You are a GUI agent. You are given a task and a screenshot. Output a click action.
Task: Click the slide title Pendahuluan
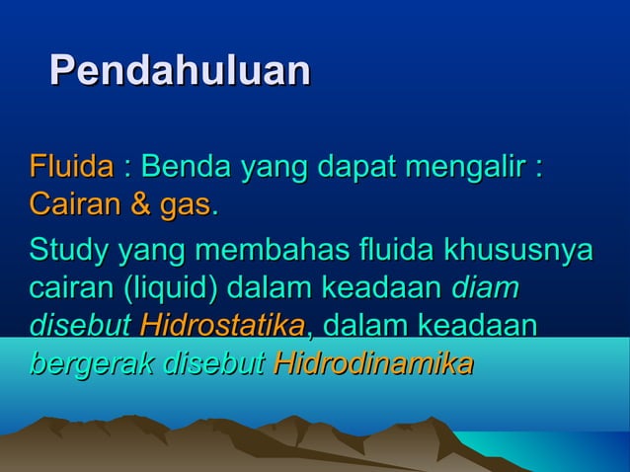pos(180,71)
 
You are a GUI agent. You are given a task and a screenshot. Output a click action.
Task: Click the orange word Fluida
pos(71,166)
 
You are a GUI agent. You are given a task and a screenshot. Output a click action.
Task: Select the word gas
pos(186,206)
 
